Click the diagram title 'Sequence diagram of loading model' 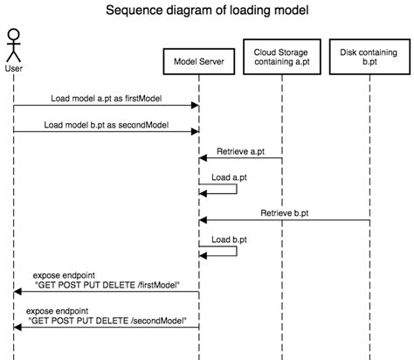[207, 11]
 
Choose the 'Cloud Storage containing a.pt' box [281, 58]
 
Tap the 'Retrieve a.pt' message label [240, 152]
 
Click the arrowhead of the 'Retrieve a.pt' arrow [204, 159]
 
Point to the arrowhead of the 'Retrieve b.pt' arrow [204, 220]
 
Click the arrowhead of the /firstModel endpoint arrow [18, 293]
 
